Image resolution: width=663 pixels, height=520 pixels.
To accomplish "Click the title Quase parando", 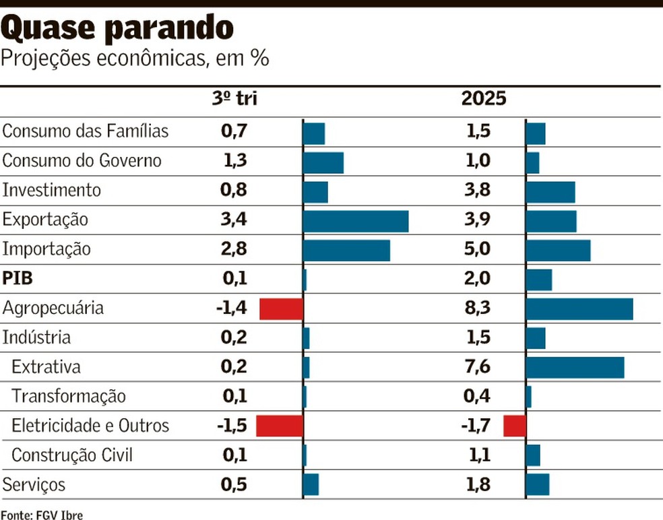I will (x=118, y=28).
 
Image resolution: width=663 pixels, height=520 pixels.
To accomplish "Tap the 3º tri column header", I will (x=234, y=99).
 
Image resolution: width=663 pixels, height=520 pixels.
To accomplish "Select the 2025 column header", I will (x=483, y=99).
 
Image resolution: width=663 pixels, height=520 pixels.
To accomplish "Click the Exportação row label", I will (x=46, y=220).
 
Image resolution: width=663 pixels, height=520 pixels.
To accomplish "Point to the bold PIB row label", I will (x=18, y=279).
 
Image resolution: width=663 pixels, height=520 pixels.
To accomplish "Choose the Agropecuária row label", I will (x=53, y=308).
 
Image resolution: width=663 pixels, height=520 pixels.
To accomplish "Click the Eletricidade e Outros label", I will (x=90, y=426).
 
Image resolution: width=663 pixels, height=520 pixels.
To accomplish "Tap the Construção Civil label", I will (x=72, y=455).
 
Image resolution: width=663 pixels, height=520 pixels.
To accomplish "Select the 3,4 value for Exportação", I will (x=234, y=220).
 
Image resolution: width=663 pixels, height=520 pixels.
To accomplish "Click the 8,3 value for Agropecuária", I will (x=477, y=308).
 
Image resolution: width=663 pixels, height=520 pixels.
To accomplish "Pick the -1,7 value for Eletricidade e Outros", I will (x=474, y=426).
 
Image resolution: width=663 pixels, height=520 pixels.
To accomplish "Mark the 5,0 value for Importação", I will (x=477, y=250).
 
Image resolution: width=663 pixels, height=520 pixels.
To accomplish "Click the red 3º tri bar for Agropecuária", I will (x=282, y=308).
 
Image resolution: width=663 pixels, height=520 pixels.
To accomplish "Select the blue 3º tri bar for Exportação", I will (x=356, y=220).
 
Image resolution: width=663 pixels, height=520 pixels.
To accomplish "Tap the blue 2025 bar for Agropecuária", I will (x=579, y=308).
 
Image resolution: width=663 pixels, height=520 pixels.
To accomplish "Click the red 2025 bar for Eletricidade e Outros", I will (x=515, y=426).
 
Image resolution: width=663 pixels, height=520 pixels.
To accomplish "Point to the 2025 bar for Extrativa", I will (x=575, y=367).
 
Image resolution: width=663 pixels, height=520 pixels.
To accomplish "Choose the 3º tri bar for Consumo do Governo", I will (x=323, y=162).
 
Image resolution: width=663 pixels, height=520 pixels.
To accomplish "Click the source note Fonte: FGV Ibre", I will (x=42, y=515).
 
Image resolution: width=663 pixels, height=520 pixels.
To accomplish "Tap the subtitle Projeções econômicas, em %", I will (x=135, y=59).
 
